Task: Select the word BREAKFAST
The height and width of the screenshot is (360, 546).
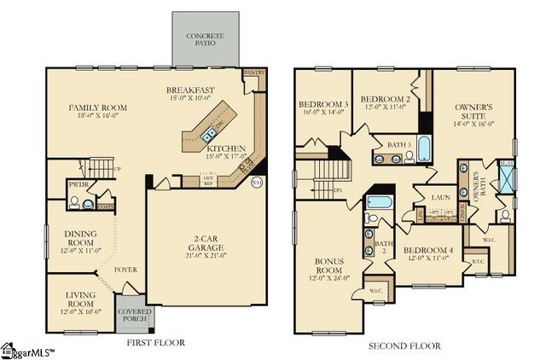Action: point(189,90)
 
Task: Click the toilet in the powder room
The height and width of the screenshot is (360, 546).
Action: point(75,202)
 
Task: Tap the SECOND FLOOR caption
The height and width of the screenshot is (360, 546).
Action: point(404,345)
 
